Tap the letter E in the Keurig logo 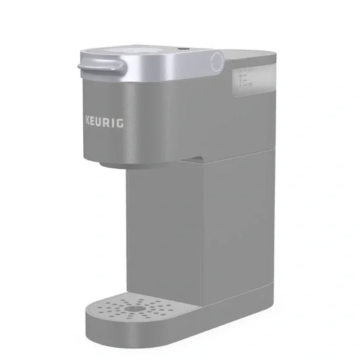tap(93, 121)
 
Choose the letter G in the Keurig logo tap(120, 122)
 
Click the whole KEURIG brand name tap(103, 122)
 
